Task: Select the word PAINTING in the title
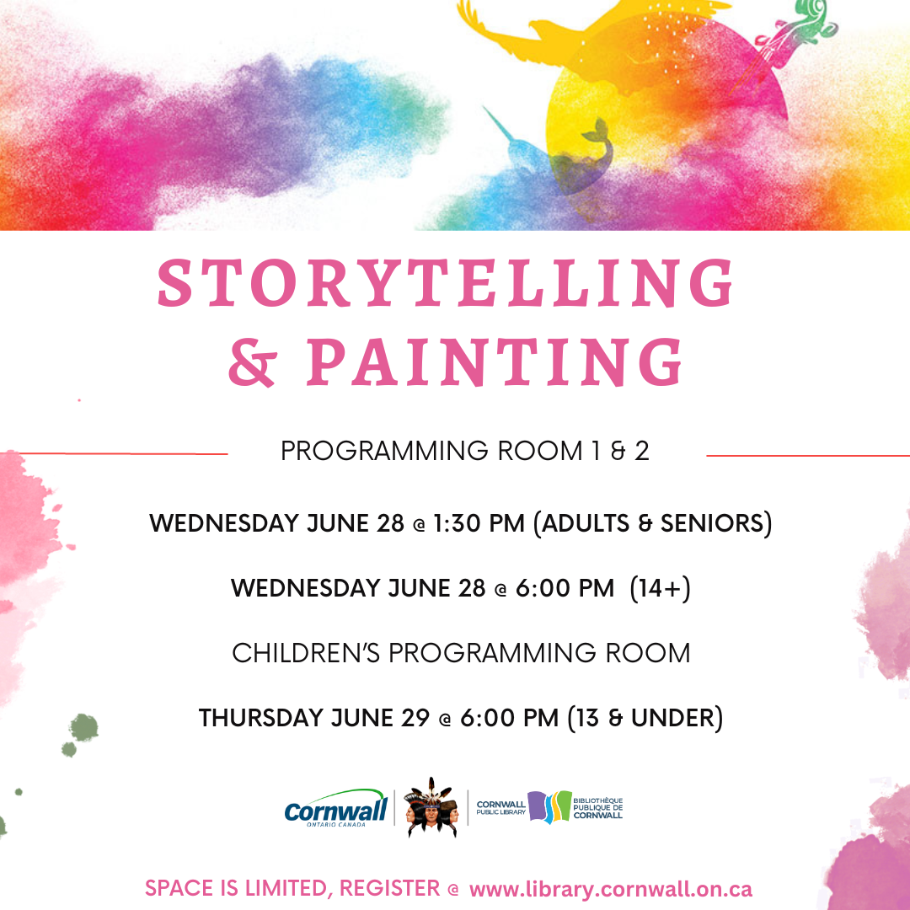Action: (x=495, y=363)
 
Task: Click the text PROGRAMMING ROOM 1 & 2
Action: (x=464, y=452)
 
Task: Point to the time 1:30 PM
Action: (x=479, y=523)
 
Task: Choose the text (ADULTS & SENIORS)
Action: (x=653, y=523)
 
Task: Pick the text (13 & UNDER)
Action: (x=645, y=719)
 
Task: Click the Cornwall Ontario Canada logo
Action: (x=335, y=810)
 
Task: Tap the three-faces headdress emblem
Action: (x=431, y=808)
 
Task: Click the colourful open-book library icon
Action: (x=549, y=808)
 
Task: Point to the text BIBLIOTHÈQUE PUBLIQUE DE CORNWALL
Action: (x=597, y=807)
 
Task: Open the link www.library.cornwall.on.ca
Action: (x=611, y=889)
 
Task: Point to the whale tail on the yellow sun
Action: (x=599, y=131)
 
